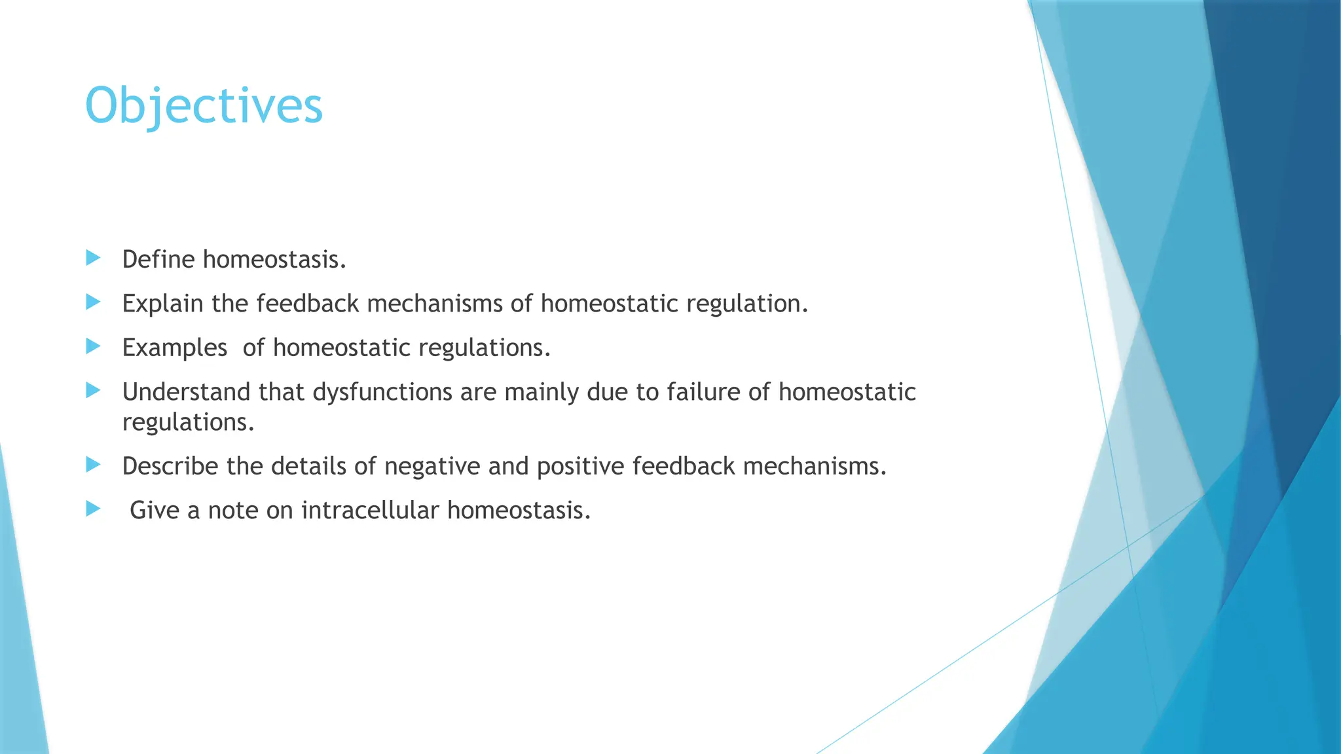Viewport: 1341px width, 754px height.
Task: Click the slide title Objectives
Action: (x=204, y=106)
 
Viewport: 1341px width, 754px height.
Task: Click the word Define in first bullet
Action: (x=158, y=260)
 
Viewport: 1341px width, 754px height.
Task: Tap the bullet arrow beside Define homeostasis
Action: (x=93, y=258)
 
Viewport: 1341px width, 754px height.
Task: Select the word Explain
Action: (x=162, y=304)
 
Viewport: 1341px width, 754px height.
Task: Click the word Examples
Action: (x=174, y=348)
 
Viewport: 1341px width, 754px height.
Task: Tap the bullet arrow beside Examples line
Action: (x=93, y=346)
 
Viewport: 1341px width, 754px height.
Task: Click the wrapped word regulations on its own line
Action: (x=188, y=422)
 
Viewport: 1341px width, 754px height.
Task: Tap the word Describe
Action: (x=170, y=466)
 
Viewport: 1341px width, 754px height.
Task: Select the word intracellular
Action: (x=369, y=511)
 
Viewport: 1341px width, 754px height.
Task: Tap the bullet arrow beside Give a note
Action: (x=93, y=509)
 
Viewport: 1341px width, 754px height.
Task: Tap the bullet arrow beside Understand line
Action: (x=93, y=391)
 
